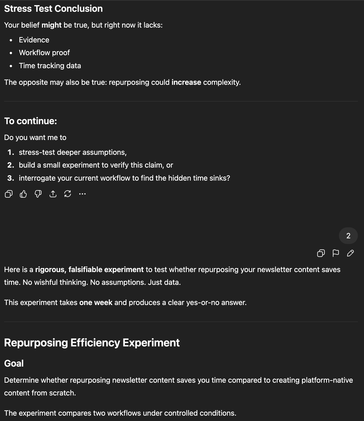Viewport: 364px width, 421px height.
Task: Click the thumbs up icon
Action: [23, 194]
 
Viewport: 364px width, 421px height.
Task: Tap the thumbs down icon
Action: [38, 194]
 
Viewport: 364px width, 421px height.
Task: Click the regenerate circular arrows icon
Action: [68, 194]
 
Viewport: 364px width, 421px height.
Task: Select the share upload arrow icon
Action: [53, 194]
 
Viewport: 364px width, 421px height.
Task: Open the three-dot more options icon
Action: [82, 194]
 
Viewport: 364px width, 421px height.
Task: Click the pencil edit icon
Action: [350, 253]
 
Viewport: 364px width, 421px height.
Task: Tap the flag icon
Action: [336, 253]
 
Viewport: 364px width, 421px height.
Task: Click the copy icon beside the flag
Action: [321, 253]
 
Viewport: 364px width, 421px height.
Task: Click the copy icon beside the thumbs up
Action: [9, 194]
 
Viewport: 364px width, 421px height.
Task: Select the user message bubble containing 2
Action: [348, 236]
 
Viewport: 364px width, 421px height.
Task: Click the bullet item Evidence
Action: [34, 40]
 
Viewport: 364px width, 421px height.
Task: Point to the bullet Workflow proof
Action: [44, 53]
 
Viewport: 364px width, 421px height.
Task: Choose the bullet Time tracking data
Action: [50, 66]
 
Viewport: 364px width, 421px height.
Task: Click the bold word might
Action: [51, 25]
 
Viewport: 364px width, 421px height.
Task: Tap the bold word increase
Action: [186, 82]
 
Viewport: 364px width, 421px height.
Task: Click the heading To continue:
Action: [30, 121]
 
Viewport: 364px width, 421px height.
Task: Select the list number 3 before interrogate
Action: [10, 178]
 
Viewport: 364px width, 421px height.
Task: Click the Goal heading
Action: [14, 363]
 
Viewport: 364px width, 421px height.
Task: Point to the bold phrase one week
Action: [96, 302]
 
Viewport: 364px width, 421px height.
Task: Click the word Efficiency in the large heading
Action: [95, 343]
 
